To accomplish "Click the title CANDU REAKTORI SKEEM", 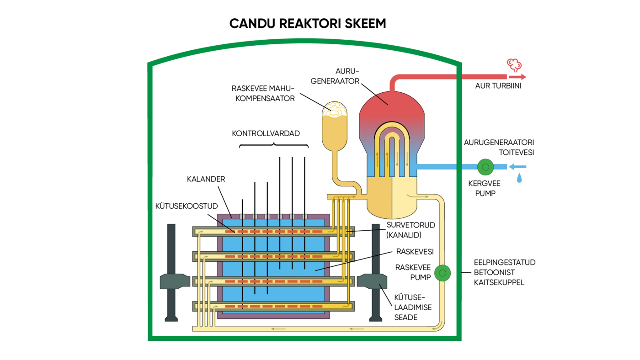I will click(308, 24).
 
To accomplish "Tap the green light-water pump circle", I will click(485, 167).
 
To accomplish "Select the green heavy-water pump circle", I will click(442, 273).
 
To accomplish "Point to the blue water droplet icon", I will click(519, 178).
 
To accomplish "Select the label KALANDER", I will click(206, 179).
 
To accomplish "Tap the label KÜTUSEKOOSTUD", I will click(187, 206).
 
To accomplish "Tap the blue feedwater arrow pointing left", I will click(517, 167).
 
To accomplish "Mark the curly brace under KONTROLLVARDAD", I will click(274, 146).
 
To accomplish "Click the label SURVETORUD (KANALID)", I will click(410, 230).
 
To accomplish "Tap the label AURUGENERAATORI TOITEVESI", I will click(499, 148).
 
